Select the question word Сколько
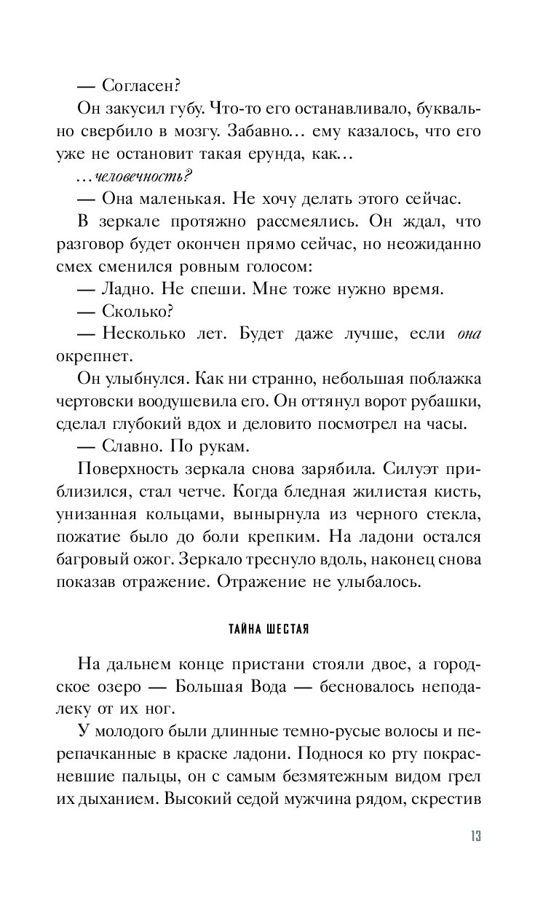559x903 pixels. pos(138,313)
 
